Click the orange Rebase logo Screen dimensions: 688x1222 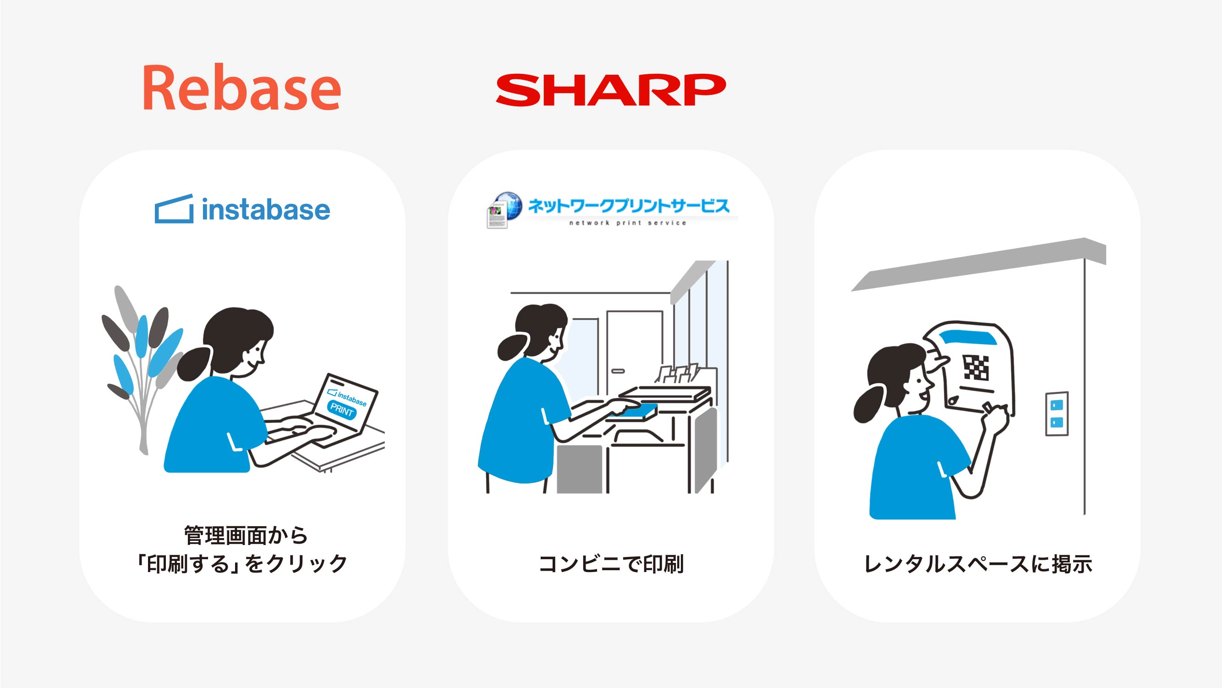(x=242, y=88)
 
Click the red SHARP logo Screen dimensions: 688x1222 (x=610, y=90)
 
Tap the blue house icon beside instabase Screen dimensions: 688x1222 (x=174, y=209)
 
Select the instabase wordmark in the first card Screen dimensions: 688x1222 (x=266, y=210)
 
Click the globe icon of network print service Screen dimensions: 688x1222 (x=507, y=205)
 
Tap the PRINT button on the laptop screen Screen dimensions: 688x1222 (x=342, y=409)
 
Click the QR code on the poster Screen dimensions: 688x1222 (x=976, y=368)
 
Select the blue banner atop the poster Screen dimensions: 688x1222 (x=967, y=338)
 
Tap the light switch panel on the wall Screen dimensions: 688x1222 (x=1057, y=413)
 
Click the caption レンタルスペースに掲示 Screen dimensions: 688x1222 (x=978, y=564)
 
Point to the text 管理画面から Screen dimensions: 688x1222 (x=246, y=536)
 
